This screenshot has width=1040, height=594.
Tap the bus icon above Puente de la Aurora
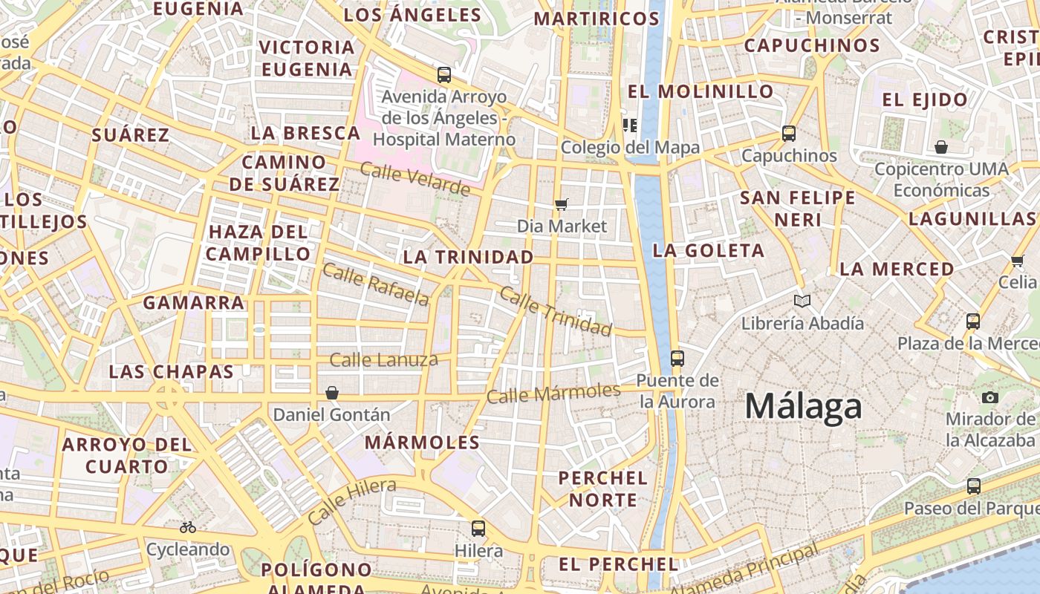pos(677,359)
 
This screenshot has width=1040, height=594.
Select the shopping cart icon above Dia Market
pos(562,203)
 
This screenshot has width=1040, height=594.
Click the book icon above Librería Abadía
pos(802,301)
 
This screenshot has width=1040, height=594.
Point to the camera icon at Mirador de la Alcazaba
pos(989,397)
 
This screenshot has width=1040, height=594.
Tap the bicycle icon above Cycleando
pos(188,527)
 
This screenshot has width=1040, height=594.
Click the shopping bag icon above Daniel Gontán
pos(332,392)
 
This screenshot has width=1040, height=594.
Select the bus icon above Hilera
pos(478,529)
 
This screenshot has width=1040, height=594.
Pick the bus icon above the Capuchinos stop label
pos(788,134)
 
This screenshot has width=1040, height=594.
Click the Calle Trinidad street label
pos(556,310)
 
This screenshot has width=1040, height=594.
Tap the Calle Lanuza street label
pos(383,360)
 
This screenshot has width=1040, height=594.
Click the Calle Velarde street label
pos(415,179)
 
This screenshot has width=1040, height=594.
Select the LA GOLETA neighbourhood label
pos(708,250)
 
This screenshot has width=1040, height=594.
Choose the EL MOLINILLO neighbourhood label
pos(701,91)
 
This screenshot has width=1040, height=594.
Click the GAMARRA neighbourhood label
pos(193,302)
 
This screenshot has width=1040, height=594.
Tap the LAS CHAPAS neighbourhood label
pos(171,371)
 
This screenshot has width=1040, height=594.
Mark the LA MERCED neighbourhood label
pos(897,269)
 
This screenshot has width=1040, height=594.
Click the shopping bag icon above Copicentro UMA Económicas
pos(940,147)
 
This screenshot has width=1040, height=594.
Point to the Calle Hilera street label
pos(351,501)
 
